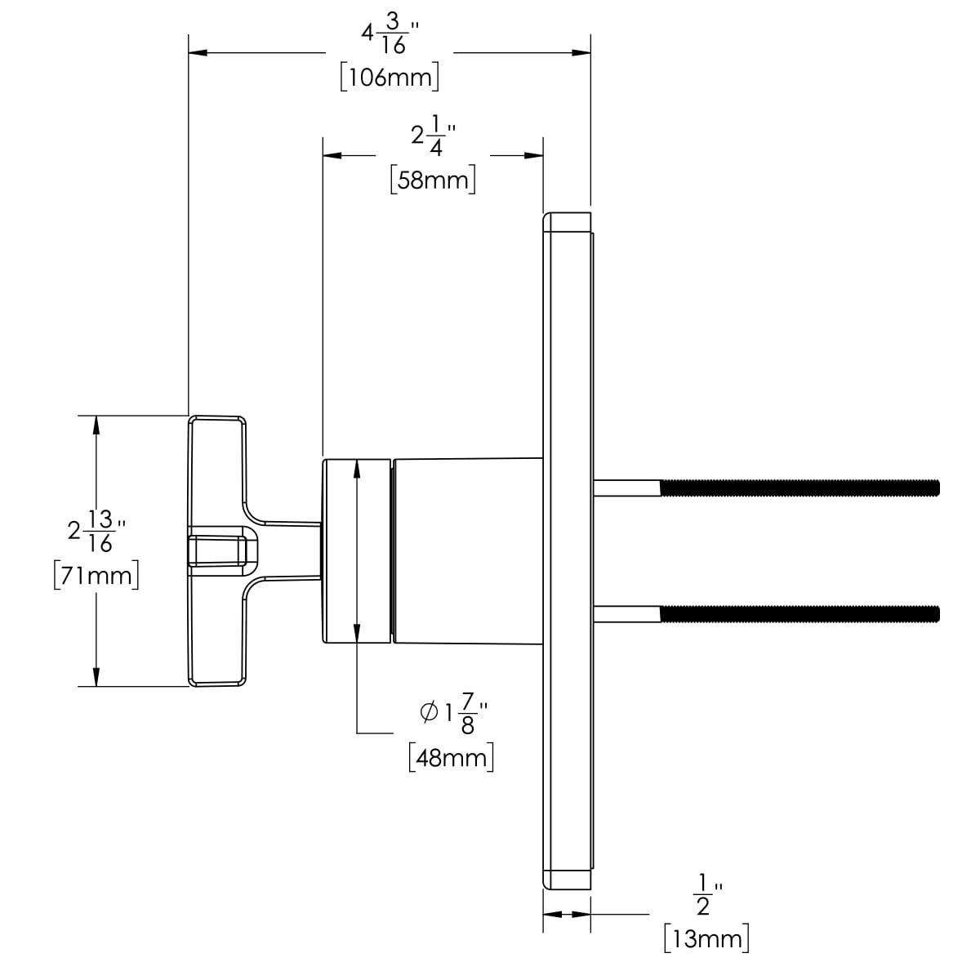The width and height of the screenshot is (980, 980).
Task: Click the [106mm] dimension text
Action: (x=390, y=78)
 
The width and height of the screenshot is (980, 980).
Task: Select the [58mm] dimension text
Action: (x=433, y=180)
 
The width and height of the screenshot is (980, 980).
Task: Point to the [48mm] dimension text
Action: (x=452, y=757)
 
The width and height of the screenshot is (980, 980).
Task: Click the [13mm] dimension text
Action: (x=706, y=939)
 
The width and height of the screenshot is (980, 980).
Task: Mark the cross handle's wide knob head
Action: (x=217, y=550)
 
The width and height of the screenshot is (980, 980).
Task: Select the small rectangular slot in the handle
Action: (x=218, y=550)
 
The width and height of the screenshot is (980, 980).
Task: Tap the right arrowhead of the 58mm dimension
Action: (x=534, y=155)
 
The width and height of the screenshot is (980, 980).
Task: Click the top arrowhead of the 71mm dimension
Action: (x=97, y=425)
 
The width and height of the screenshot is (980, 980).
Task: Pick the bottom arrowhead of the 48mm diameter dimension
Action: (x=357, y=634)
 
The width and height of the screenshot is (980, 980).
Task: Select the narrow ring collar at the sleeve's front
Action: (x=357, y=550)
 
